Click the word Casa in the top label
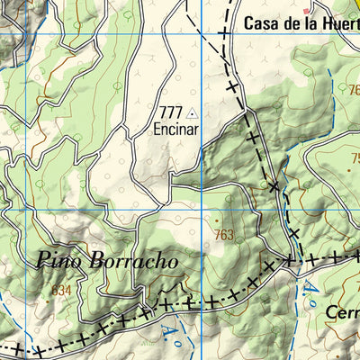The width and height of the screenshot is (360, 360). pos(262,25)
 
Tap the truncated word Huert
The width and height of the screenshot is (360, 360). pos(337,25)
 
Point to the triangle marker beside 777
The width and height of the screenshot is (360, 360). pos(192,113)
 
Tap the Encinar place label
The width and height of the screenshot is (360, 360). pos(175,129)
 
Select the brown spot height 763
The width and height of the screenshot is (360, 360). pos(227,235)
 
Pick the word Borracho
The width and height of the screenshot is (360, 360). pos(135,262)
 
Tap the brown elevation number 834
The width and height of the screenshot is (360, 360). pos(60,290)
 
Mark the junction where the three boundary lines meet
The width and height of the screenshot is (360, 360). pos(290,260)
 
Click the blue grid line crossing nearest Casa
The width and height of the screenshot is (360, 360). pos(203,33)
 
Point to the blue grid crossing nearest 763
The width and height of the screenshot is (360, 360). pos(203,209)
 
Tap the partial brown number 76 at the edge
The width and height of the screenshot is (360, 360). pos(352,90)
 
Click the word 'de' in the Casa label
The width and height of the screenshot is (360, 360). pos(292,25)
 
